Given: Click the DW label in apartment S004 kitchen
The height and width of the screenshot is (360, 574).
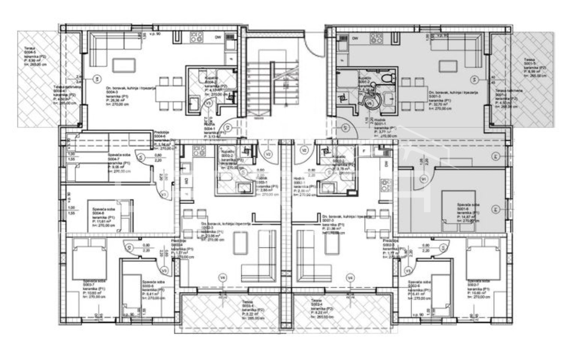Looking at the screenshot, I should [x=218, y=37].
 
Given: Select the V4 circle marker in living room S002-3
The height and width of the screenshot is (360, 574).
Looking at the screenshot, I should [x=350, y=277].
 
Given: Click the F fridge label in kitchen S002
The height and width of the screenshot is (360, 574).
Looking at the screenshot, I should [x=364, y=151].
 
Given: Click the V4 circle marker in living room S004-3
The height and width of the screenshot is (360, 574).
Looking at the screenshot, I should [x=96, y=79].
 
